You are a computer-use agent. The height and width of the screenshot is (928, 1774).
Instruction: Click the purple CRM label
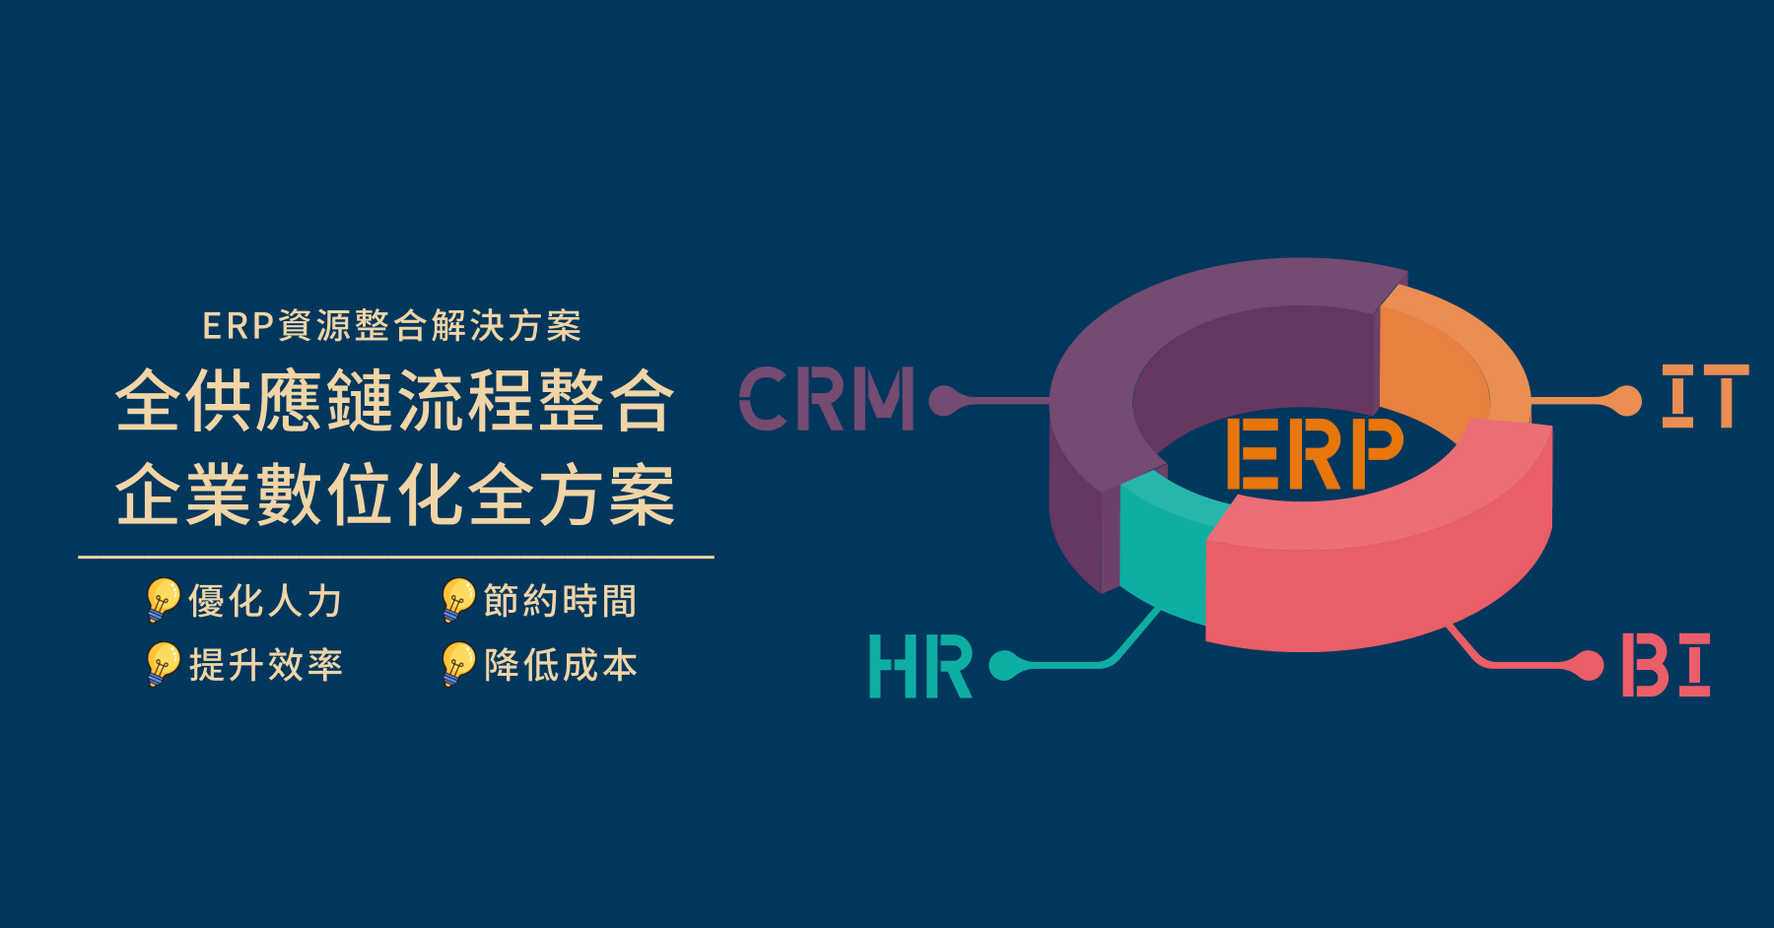(826, 399)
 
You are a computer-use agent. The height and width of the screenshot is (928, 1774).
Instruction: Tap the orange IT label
(1704, 396)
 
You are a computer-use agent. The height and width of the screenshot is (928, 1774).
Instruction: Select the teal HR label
(920, 667)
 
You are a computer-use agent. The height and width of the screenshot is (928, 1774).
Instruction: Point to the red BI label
(1666, 666)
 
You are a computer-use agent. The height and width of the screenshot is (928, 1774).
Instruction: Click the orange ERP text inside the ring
(1314, 453)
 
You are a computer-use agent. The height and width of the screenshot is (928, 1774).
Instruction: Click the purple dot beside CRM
(945, 400)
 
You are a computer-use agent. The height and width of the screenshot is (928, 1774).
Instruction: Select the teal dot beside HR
(1004, 665)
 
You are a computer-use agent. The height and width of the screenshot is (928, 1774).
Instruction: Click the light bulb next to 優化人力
(162, 600)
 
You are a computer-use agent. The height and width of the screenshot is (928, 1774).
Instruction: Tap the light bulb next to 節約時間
(457, 600)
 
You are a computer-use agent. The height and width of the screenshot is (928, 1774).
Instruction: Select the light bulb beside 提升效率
(162, 664)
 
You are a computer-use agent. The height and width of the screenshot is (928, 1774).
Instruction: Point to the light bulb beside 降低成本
(457, 664)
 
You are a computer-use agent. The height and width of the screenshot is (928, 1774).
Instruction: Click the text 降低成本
(561, 665)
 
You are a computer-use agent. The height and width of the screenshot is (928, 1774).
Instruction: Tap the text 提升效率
(265, 665)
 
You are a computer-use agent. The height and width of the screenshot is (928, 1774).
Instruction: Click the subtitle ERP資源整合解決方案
(392, 326)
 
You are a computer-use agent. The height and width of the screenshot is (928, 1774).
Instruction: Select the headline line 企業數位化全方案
(395, 495)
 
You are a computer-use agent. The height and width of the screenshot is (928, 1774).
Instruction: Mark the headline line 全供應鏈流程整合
(395, 401)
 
